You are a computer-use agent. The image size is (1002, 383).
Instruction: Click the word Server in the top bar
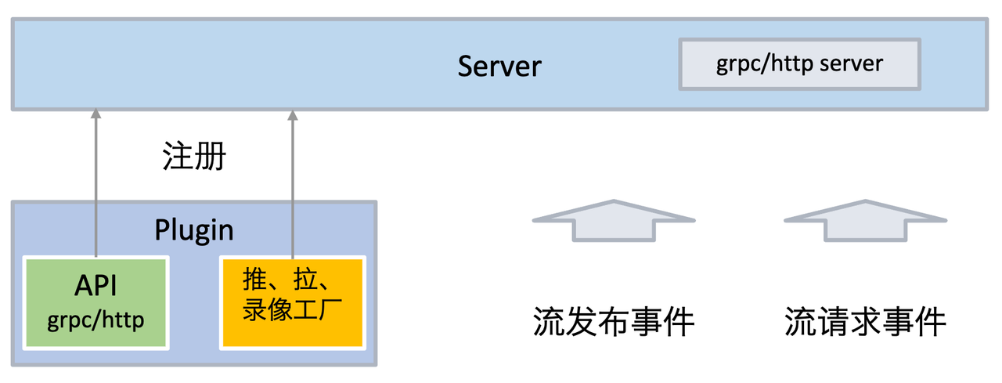[499, 67]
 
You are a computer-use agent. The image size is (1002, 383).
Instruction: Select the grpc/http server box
[799, 64]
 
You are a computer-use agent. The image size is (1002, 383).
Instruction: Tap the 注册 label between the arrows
[194, 156]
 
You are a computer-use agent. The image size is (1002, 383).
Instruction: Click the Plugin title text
[194, 230]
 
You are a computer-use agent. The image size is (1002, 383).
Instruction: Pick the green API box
[96, 303]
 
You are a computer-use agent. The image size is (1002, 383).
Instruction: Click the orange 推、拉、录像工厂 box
[293, 303]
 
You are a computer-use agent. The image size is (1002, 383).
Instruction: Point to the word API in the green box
[96, 285]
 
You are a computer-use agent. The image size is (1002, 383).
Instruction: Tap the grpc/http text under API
[96, 320]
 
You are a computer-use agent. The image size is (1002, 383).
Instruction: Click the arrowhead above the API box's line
[96, 114]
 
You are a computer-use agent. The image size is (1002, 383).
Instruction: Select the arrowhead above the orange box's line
[293, 115]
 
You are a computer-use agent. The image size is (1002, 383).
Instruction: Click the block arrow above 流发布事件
[614, 221]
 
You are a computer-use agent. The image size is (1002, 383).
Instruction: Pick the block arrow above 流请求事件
[866, 221]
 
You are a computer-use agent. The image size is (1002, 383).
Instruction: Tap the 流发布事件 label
[614, 322]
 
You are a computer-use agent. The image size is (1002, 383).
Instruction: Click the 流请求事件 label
[866, 322]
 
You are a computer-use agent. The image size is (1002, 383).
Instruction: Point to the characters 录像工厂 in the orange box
[293, 309]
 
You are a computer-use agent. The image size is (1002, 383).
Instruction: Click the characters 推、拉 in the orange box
[280, 280]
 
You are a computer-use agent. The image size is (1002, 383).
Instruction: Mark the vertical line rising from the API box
[96, 183]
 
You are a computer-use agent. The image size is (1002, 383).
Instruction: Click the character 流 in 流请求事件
[800, 322]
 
